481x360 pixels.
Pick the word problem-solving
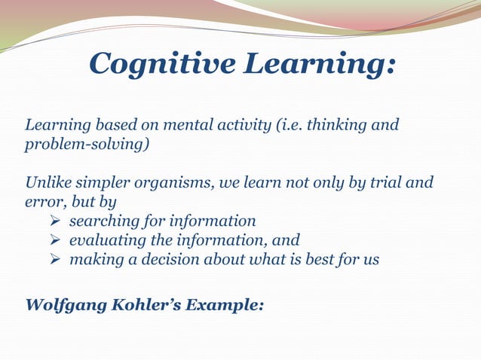coord(82,144)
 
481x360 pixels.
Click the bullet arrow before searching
coord(55,221)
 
